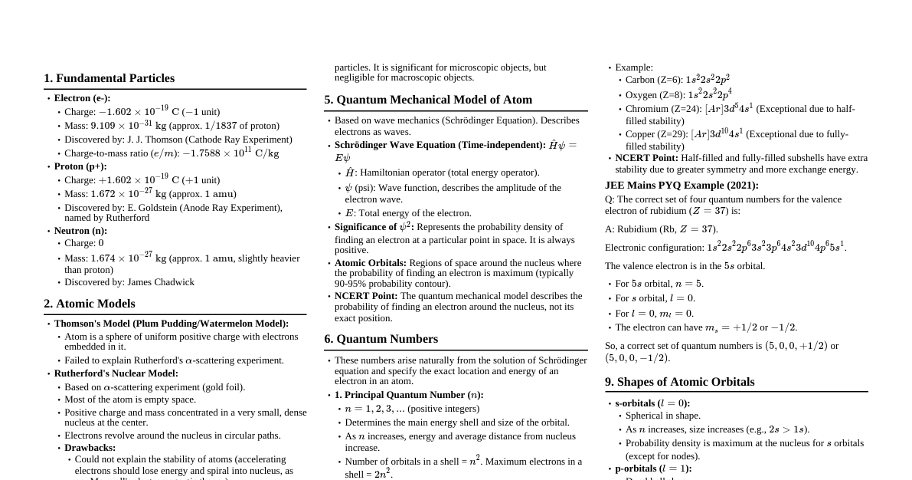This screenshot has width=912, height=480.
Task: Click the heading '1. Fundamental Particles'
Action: coord(109,78)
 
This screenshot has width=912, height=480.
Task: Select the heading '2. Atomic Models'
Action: coord(89,304)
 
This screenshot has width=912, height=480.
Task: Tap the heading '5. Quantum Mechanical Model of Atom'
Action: coord(427,100)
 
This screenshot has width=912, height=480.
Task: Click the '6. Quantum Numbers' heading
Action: coord(381,339)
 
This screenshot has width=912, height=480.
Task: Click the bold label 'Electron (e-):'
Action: coord(82,98)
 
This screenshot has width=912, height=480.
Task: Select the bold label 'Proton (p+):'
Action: coord(80,166)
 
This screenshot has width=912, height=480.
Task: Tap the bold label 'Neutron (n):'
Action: coord(80,231)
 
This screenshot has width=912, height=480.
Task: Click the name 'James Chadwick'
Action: coord(161,282)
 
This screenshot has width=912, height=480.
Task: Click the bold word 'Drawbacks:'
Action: coord(90,448)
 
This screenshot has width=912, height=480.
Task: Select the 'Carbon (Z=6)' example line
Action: coord(677,80)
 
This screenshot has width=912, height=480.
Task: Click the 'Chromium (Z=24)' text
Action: coord(663,109)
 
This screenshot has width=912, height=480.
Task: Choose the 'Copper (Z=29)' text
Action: coord(657,134)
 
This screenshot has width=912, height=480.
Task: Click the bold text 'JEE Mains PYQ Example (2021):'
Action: coord(682,186)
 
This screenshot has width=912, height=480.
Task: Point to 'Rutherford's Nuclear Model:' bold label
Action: coord(116,373)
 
